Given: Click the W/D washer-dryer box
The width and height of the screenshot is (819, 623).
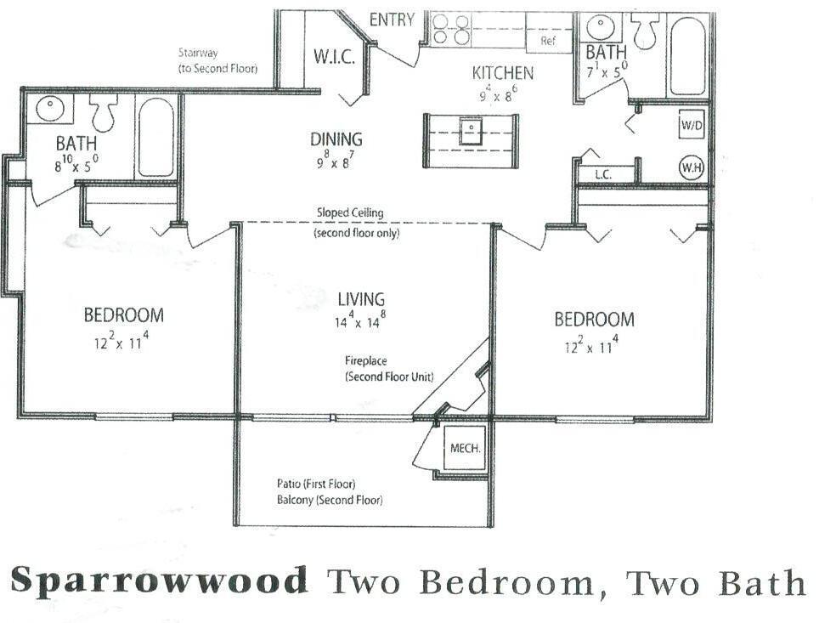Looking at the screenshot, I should [x=690, y=125].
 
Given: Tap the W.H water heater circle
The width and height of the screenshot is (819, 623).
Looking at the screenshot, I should [x=690, y=167].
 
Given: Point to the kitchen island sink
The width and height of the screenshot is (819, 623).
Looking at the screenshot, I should [x=469, y=130].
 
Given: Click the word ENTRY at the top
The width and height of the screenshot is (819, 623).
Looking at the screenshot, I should [x=392, y=20].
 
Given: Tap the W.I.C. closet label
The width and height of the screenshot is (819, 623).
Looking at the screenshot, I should [x=333, y=58].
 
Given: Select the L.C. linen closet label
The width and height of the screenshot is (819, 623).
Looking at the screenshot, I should [x=603, y=174].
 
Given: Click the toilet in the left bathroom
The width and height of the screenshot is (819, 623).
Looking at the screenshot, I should [x=104, y=113].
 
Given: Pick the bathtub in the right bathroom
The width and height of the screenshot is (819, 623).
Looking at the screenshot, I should [x=686, y=56].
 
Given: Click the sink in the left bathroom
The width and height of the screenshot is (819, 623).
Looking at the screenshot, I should [x=50, y=109].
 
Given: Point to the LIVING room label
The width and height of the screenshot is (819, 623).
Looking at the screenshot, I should [x=361, y=299].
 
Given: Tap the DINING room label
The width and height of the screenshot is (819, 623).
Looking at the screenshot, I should [x=336, y=139].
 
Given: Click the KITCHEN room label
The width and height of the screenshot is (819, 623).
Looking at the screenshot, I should [x=503, y=73].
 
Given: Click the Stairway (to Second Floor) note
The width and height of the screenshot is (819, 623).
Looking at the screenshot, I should [x=217, y=60].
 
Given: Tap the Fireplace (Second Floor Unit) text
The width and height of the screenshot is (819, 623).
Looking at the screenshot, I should [x=390, y=368].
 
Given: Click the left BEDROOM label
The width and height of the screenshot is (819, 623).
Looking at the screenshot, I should [x=124, y=315].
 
